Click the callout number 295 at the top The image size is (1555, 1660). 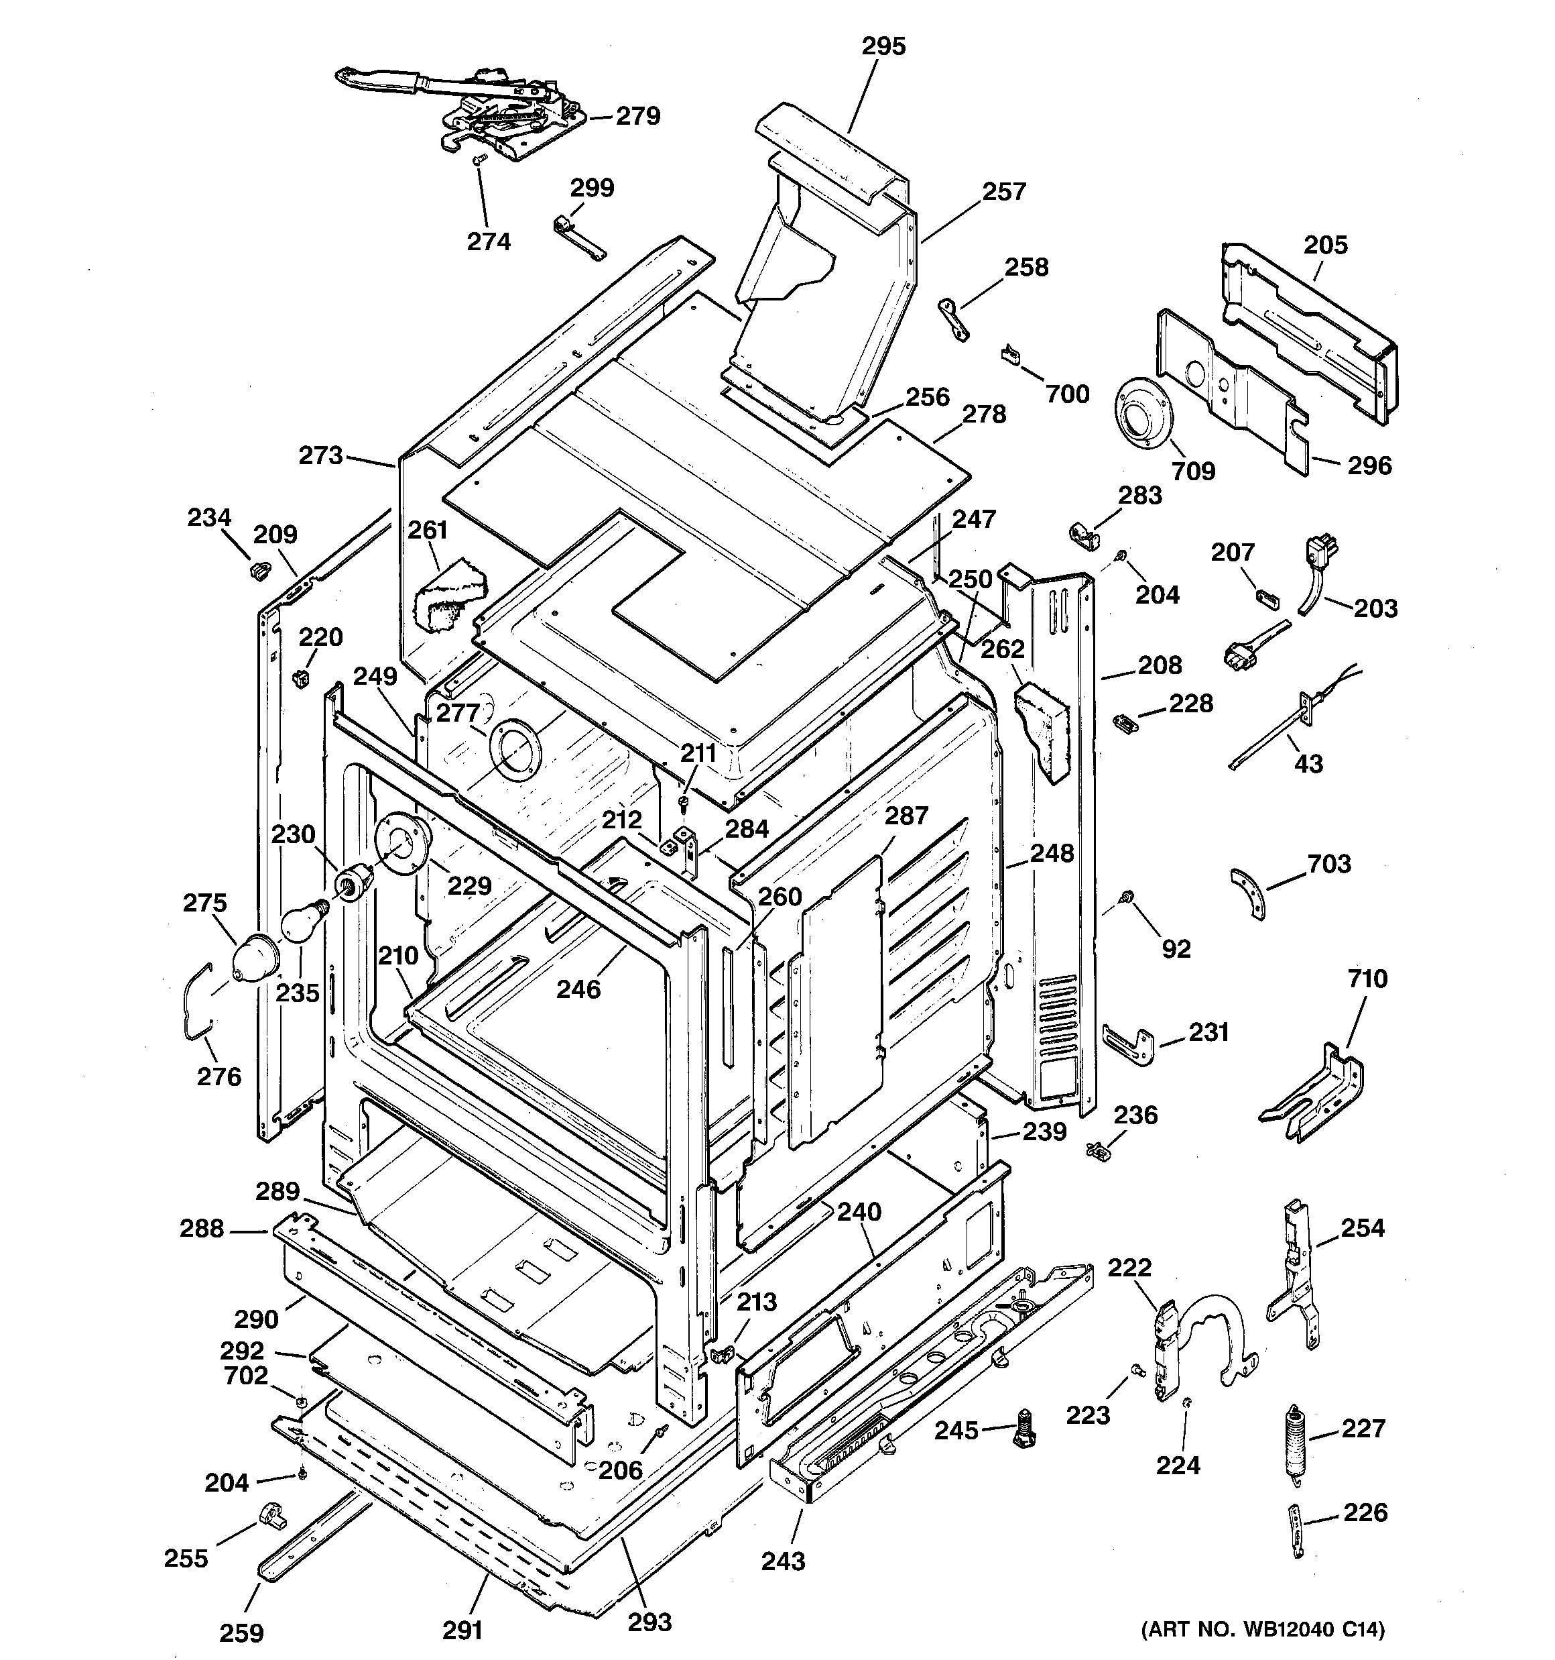(883, 47)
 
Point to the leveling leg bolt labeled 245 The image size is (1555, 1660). (1025, 1429)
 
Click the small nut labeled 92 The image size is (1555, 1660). (1127, 896)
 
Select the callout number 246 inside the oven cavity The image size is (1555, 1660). (578, 989)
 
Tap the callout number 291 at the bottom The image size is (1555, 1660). (462, 1630)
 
